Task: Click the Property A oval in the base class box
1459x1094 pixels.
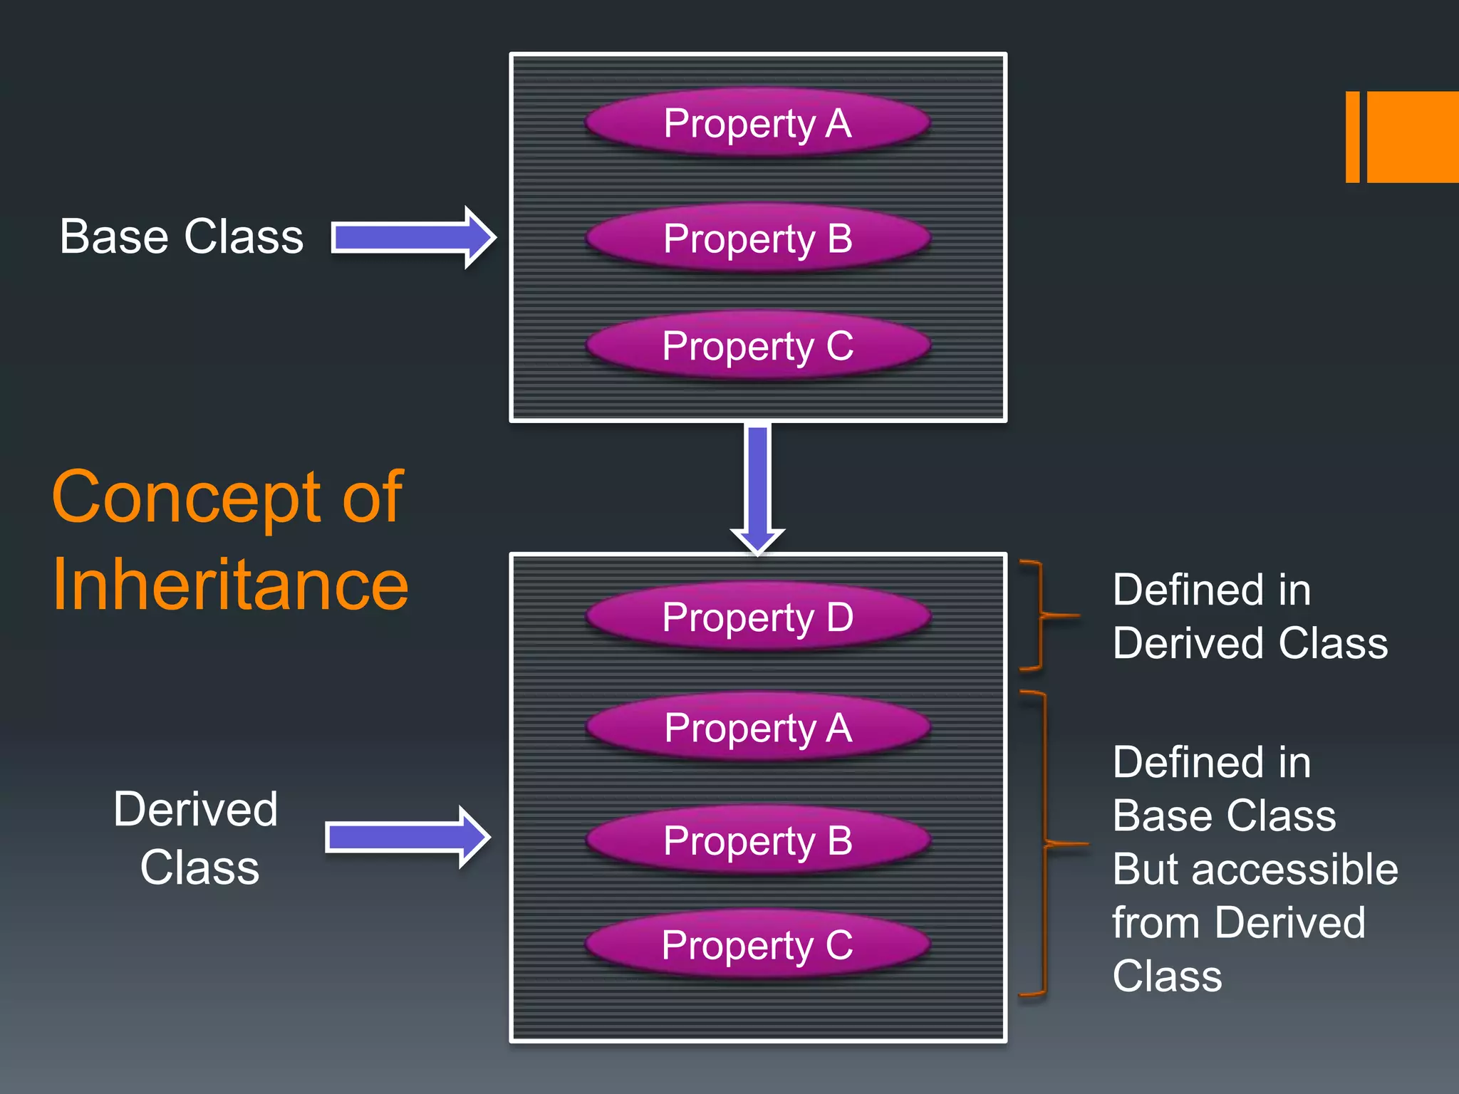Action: pyautogui.click(x=757, y=123)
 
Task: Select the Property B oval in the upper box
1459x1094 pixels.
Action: pyautogui.click(x=757, y=238)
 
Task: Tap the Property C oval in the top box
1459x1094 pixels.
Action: pyautogui.click(x=757, y=345)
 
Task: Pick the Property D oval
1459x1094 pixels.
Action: pyautogui.click(x=757, y=616)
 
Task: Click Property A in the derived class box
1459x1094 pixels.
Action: pyautogui.click(x=757, y=727)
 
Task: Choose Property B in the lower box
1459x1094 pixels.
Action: pyautogui.click(x=757, y=840)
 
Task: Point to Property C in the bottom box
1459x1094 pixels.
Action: pyautogui.click(x=757, y=944)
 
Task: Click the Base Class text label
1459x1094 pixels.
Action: pyautogui.click(x=181, y=236)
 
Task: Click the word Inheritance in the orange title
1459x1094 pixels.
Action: pyautogui.click(x=230, y=584)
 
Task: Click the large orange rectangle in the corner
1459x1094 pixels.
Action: pyautogui.click(x=1412, y=137)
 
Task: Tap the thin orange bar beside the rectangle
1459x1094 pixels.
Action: pyautogui.click(x=1352, y=137)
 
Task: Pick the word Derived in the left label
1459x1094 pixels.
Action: pyautogui.click(x=195, y=810)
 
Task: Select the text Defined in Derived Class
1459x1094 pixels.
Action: pyautogui.click(x=1250, y=617)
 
